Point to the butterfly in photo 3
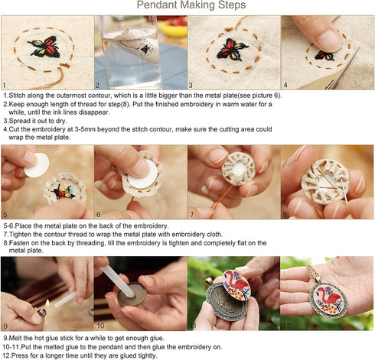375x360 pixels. [232, 50]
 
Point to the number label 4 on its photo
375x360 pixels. [285, 86]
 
